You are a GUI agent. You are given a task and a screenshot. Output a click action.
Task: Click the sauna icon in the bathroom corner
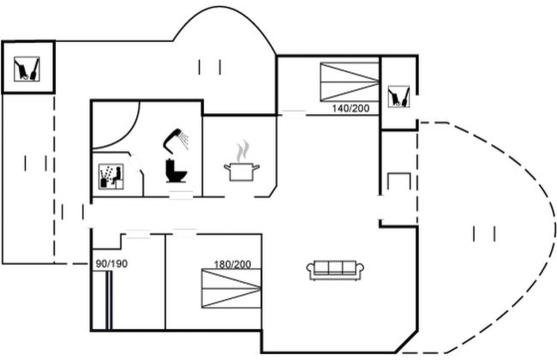tap(111, 177)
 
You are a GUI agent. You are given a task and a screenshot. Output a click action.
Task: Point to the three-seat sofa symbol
tap(336, 270)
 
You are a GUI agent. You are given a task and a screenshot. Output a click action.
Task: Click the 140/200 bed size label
tap(350, 109)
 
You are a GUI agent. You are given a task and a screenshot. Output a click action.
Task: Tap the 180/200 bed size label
tap(232, 263)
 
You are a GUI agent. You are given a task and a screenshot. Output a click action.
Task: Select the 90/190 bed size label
tap(111, 263)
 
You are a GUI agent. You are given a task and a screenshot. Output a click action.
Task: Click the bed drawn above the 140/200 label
tap(349, 82)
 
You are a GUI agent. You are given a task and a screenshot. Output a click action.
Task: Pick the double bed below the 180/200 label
tap(231, 289)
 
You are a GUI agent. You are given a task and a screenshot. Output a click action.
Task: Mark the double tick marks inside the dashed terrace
tap(484, 232)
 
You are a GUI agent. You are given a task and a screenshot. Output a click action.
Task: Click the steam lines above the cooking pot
tap(244, 151)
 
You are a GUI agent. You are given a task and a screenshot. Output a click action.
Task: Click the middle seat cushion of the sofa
tap(336, 268)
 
